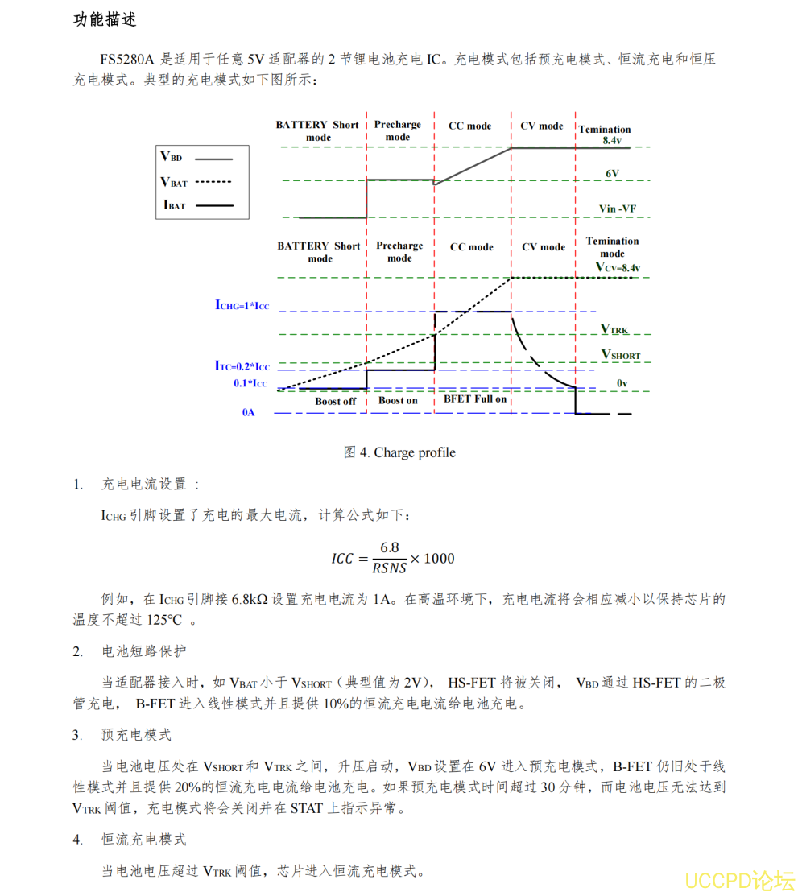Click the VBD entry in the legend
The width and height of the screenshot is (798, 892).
(x=172, y=157)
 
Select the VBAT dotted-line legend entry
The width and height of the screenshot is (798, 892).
(x=175, y=182)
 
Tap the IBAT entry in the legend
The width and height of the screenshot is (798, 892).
(x=175, y=205)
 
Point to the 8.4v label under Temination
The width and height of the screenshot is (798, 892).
(x=611, y=140)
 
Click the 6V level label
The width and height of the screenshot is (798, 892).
(x=612, y=173)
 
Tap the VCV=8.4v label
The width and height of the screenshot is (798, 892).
(x=618, y=266)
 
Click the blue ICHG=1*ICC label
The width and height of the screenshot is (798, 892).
(x=242, y=305)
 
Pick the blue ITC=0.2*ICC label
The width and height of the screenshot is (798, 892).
(x=242, y=365)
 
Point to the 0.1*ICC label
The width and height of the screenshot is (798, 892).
(x=251, y=383)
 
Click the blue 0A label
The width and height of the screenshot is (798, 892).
(x=248, y=412)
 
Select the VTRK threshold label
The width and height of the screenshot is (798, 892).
(x=614, y=329)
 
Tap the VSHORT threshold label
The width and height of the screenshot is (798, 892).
(x=621, y=354)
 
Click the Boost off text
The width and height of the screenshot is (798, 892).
(x=335, y=401)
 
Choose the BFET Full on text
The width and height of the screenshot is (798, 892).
(x=475, y=399)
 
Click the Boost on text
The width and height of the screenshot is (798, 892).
(x=398, y=400)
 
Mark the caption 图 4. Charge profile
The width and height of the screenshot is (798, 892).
(x=399, y=452)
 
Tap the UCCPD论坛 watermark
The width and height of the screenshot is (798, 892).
(x=739, y=879)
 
